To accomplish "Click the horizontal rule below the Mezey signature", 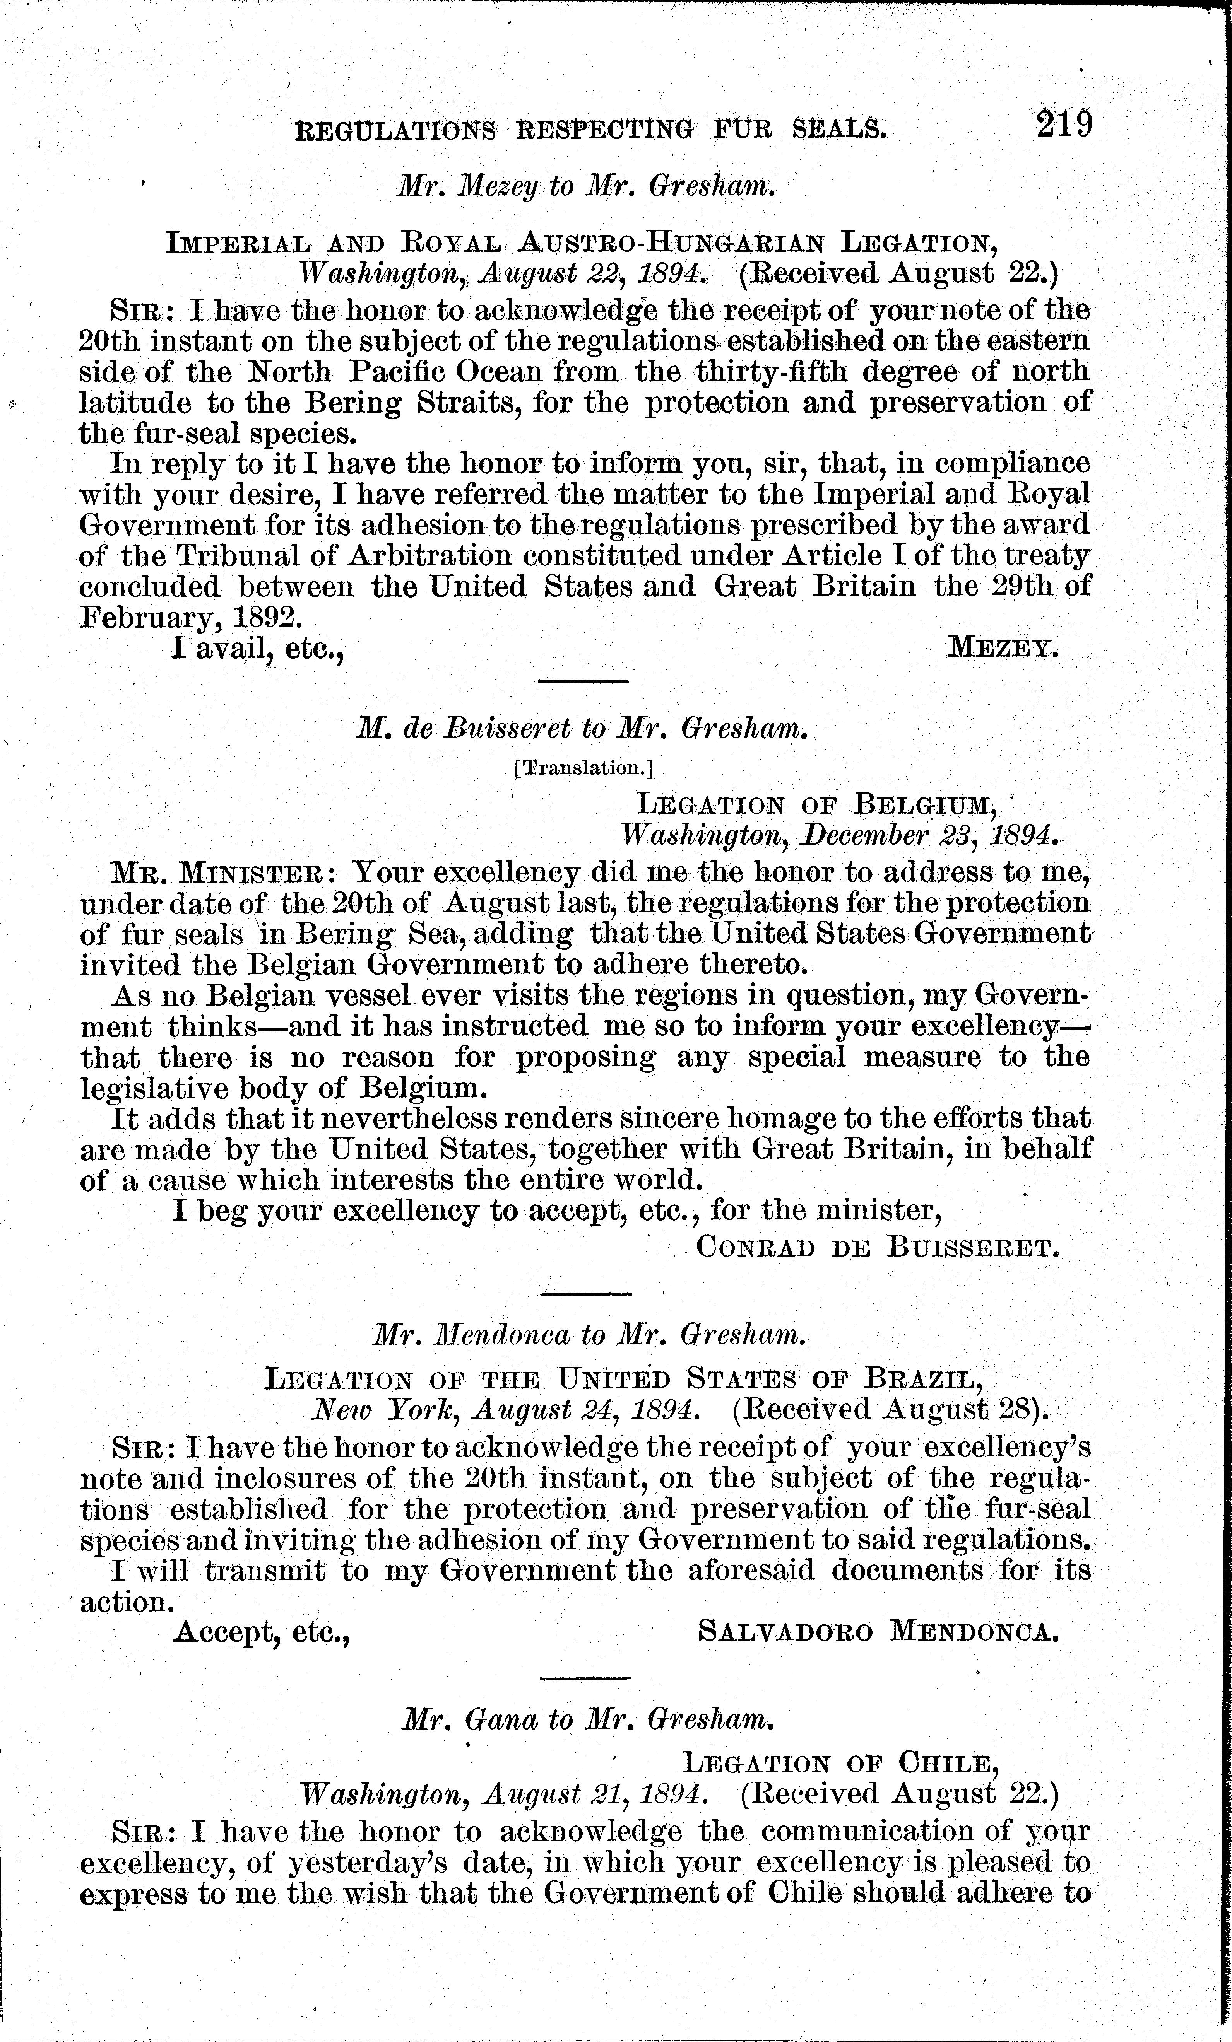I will (x=583, y=681).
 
